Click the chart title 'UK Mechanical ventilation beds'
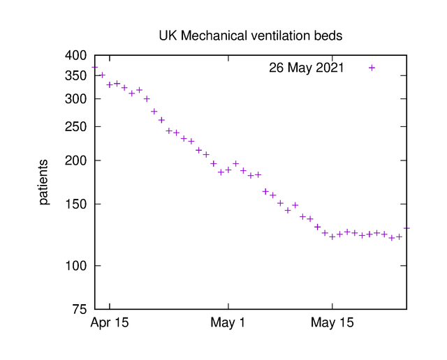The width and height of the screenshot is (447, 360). pyautogui.click(x=251, y=35)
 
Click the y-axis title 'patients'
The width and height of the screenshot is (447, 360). pyautogui.click(x=43, y=182)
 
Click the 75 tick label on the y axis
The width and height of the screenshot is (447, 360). pyautogui.click(x=80, y=309)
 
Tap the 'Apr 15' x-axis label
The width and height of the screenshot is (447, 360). pyautogui.click(x=110, y=324)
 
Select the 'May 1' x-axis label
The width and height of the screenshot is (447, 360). pyautogui.click(x=228, y=324)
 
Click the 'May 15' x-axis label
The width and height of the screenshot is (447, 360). pyautogui.click(x=332, y=324)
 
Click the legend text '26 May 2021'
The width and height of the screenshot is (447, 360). pyautogui.click(x=306, y=68)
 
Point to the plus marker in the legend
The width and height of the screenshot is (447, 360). pyautogui.click(x=372, y=68)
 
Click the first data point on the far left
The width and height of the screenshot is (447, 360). pyautogui.click(x=95, y=68)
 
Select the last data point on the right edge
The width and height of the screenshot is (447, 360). pyautogui.click(x=406, y=228)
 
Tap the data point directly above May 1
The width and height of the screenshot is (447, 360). pyautogui.click(x=228, y=170)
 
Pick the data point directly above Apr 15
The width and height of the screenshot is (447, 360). pyautogui.click(x=110, y=84)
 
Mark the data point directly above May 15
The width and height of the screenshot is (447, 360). pyautogui.click(x=332, y=236)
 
